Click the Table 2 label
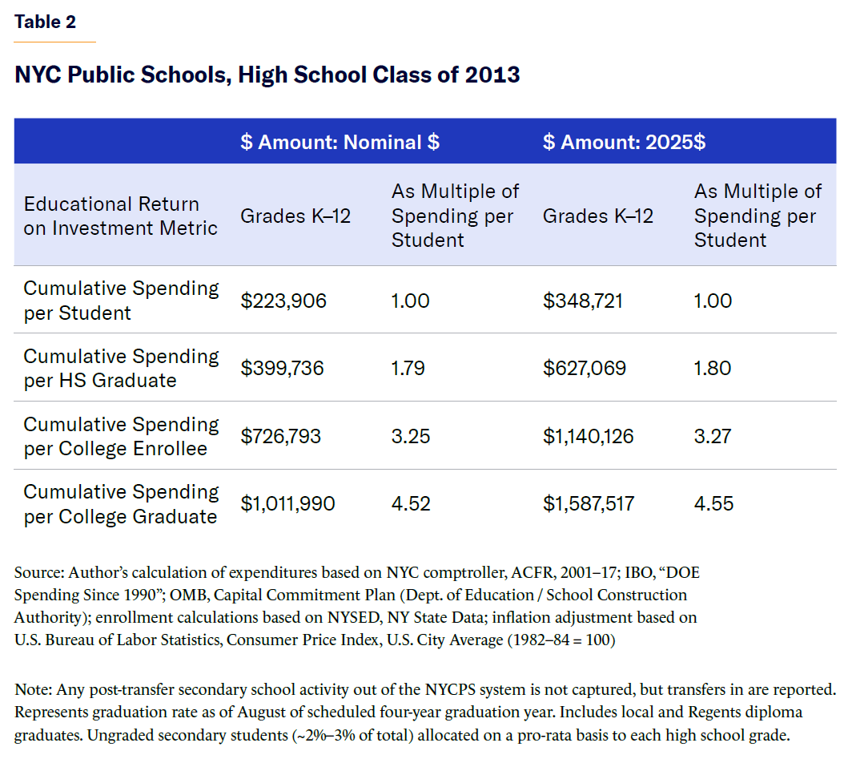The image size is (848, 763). click(x=45, y=22)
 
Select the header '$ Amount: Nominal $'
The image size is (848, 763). click(x=340, y=143)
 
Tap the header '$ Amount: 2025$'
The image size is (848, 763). click(x=624, y=143)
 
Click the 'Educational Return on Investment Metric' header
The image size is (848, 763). click(x=120, y=216)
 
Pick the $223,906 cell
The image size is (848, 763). click(x=283, y=301)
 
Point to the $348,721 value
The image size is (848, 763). click(x=583, y=301)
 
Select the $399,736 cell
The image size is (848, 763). click(x=284, y=368)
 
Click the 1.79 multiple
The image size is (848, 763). click(x=408, y=368)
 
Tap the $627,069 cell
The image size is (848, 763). click(x=585, y=368)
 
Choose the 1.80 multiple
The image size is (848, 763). click(x=713, y=368)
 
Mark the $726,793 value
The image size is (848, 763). click(x=281, y=436)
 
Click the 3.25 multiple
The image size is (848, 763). click(x=411, y=436)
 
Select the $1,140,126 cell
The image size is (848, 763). click(x=589, y=436)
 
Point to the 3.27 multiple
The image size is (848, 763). click(x=713, y=436)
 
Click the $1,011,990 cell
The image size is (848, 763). click(x=288, y=504)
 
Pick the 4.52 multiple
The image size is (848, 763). click(x=411, y=504)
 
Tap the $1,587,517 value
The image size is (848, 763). click(x=589, y=504)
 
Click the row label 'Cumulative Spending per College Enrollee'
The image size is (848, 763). click(x=121, y=436)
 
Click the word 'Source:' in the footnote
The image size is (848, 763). click(x=39, y=573)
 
